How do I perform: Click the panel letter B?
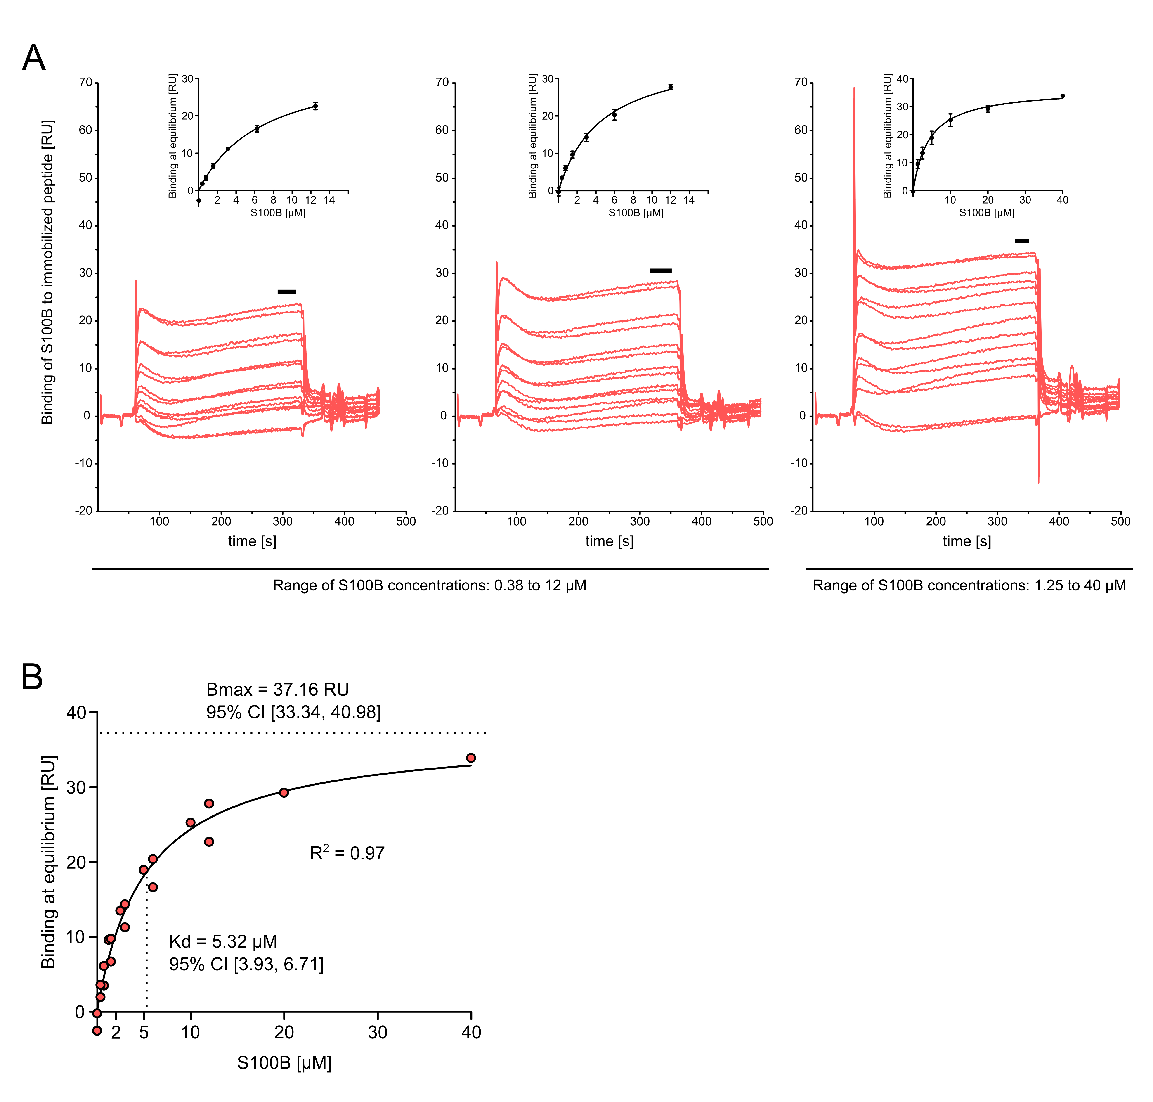tap(32, 677)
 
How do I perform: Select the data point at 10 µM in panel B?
tap(190, 822)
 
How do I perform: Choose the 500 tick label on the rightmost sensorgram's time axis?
tap(1120, 521)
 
